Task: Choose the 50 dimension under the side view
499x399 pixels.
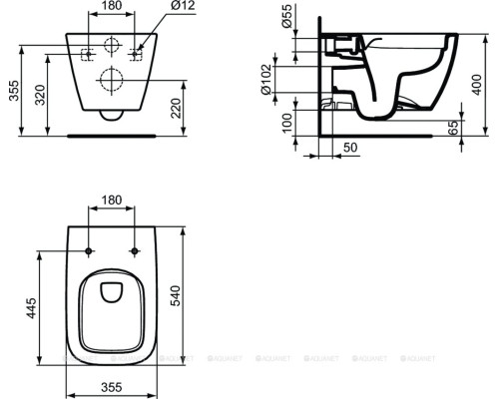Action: tap(349, 148)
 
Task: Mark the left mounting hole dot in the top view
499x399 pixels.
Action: tap(90, 250)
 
